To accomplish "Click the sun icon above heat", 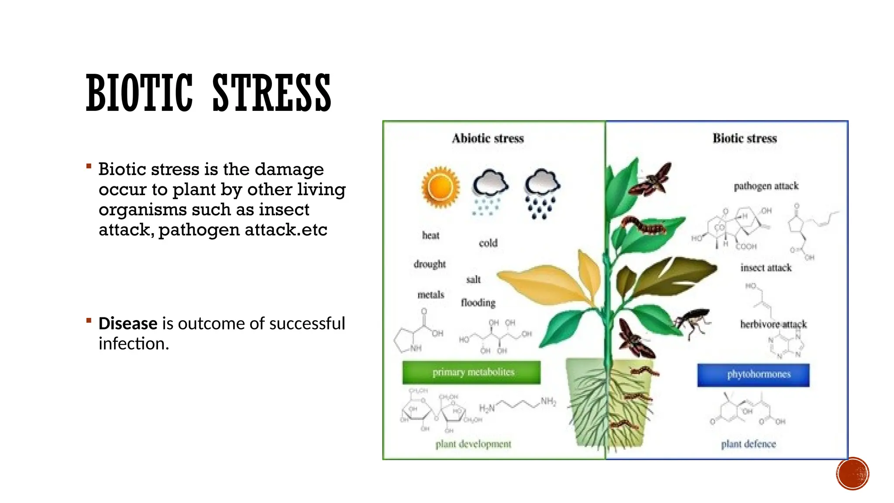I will (440, 187).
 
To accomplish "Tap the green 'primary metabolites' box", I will (471, 372).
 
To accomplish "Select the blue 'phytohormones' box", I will (753, 375).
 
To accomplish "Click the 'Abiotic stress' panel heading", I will (488, 138).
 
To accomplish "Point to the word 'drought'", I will (430, 264).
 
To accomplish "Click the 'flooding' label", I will (478, 303).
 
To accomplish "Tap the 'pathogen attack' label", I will (766, 186).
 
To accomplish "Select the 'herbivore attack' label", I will (773, 324).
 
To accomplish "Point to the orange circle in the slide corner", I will (853, 473).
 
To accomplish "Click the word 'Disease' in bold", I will (128, 324).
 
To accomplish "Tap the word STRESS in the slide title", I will (272, 93).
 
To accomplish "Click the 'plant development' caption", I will (473, 444).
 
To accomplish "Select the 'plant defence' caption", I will (748, 444).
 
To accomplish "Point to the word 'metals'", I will (430, 295).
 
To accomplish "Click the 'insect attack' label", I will (766, 268).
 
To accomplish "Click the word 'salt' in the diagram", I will (473, 279).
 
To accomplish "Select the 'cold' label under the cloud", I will (488, 243).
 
